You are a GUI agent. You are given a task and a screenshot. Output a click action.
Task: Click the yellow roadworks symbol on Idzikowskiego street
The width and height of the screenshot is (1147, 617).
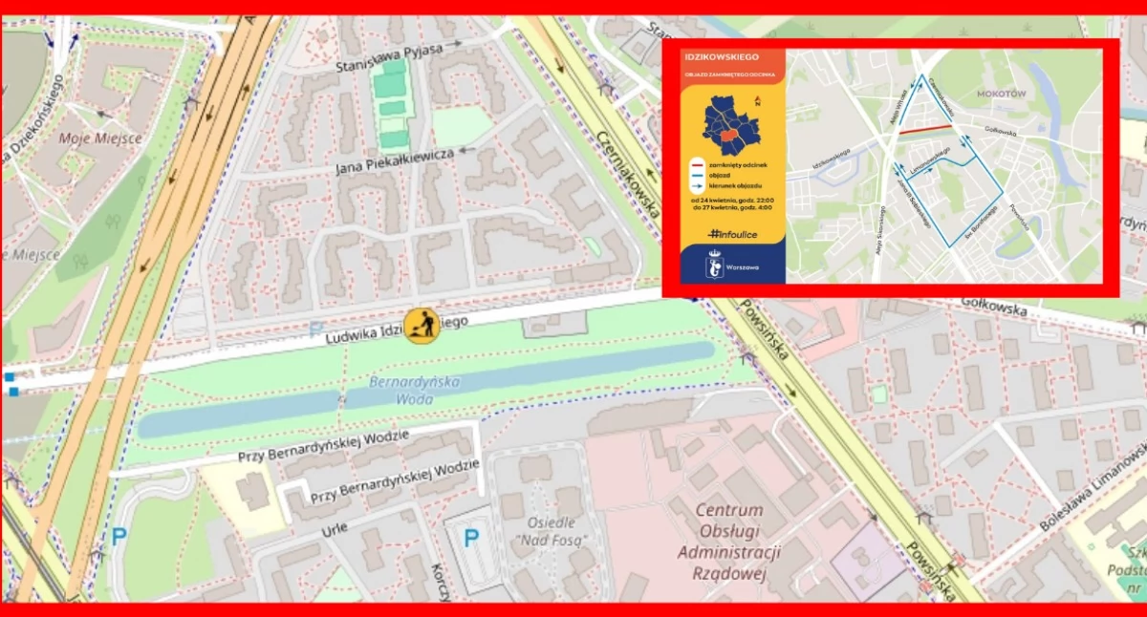click(422, 326)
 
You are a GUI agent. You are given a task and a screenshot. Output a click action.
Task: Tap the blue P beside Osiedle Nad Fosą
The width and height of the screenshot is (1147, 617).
click(471, 538)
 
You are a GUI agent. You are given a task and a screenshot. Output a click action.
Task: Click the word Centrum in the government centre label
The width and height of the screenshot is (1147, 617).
click(728, 510)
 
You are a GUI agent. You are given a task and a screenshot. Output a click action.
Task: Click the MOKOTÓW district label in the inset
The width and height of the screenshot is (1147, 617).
click(1001, 94)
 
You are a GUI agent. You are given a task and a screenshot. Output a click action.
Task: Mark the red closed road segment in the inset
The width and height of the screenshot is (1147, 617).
click(924, 129)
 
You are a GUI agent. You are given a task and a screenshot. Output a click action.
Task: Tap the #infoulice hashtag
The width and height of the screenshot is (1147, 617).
click(734, 233)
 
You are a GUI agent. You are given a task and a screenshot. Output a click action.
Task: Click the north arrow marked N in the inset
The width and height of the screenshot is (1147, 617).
click(758, 98)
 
